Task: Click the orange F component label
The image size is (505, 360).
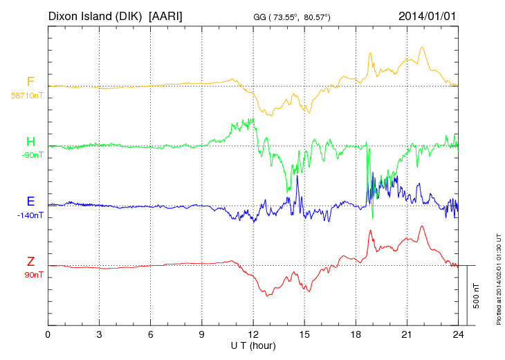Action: tap(30, 82)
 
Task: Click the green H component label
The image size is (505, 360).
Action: tap(30, 142)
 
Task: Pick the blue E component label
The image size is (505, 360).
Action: tap(30, 201)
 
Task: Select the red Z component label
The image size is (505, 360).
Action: tap(30, 261)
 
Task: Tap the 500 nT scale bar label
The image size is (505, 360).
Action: tap(477, 295)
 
